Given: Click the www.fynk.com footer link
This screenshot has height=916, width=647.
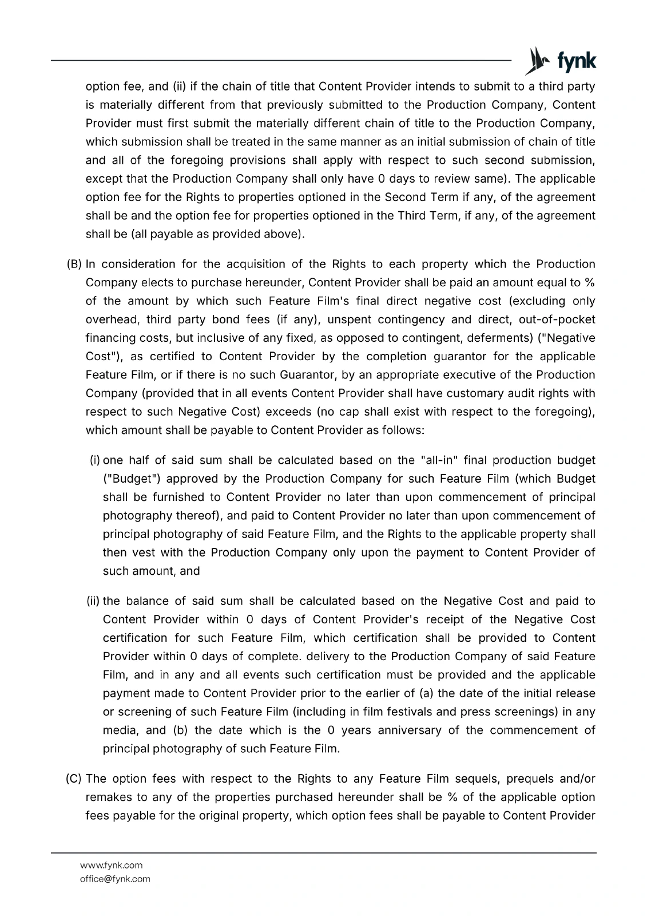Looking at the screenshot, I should [111, 865].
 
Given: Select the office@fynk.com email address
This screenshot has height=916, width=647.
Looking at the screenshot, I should [115, 879].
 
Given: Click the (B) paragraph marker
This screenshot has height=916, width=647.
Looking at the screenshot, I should [74, 264].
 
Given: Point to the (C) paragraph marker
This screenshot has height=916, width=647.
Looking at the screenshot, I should [74, 779].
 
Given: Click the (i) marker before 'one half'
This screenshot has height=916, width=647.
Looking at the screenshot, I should [95, 460].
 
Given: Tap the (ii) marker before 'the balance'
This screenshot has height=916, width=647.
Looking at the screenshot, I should [93, 601].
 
